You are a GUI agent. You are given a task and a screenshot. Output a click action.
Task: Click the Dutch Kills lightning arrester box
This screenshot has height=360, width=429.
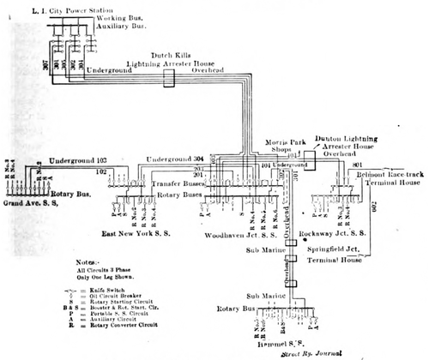(170, 78)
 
